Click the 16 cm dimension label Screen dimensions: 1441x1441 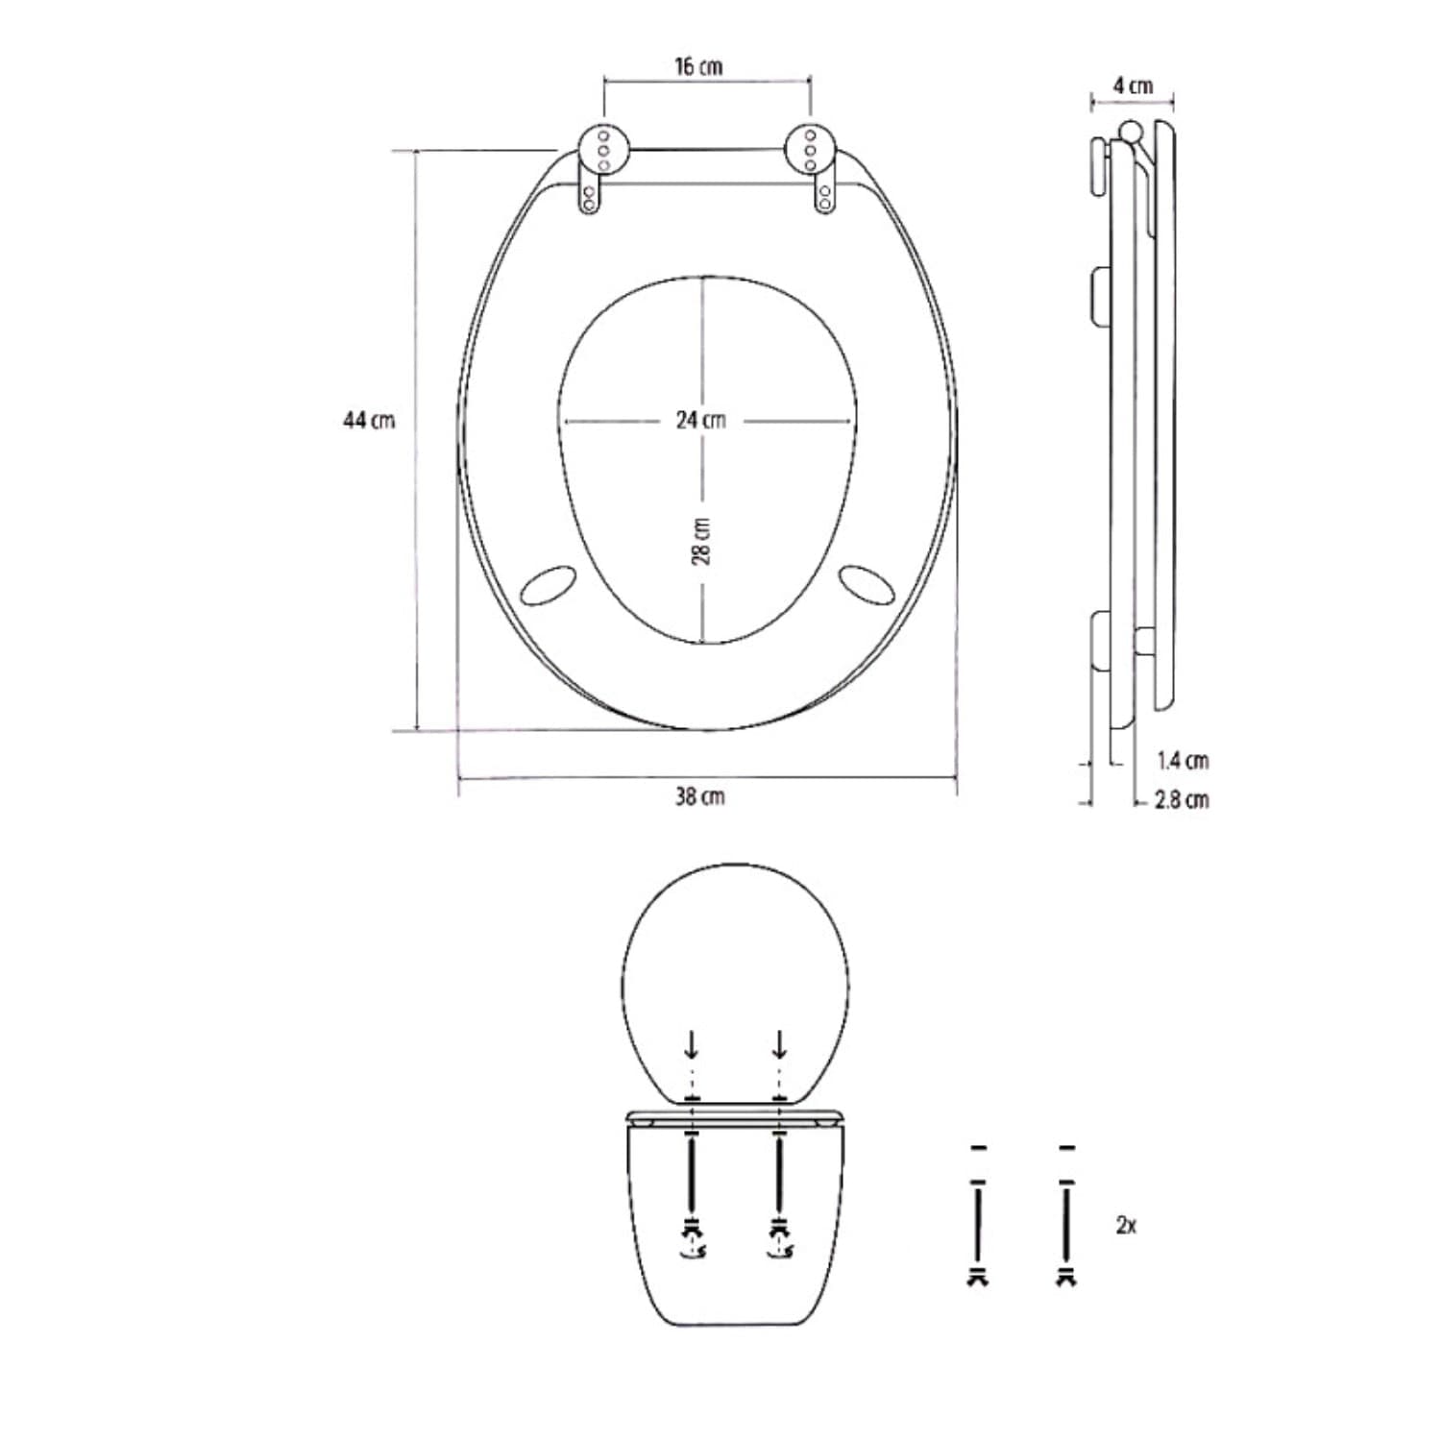tap(698, 66)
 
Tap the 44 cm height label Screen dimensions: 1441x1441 tap(369, 420)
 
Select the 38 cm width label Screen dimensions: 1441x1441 tap(699, 796)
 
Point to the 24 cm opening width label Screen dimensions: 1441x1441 tap(701, 420)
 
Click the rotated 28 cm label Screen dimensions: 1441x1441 tap(701, 542)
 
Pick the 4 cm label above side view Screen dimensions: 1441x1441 tap(1134, 85)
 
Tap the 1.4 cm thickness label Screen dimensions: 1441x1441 tap(1184, 761)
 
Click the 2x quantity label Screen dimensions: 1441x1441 tap(1127, 1225)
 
